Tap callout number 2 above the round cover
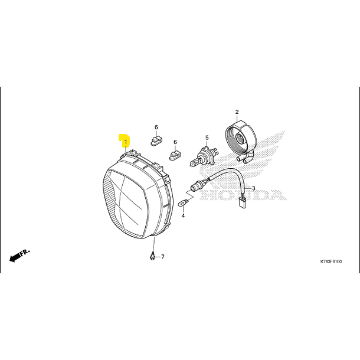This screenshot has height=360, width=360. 237,112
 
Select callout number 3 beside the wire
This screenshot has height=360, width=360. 253,189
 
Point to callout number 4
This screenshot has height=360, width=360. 183,216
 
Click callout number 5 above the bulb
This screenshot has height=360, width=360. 207,138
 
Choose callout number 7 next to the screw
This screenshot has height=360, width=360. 163,257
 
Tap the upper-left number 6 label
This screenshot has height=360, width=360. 156,127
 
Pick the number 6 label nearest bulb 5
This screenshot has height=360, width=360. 175,142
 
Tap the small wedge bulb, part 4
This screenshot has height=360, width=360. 183,203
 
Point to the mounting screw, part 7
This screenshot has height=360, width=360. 152,256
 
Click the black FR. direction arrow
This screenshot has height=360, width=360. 18,255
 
